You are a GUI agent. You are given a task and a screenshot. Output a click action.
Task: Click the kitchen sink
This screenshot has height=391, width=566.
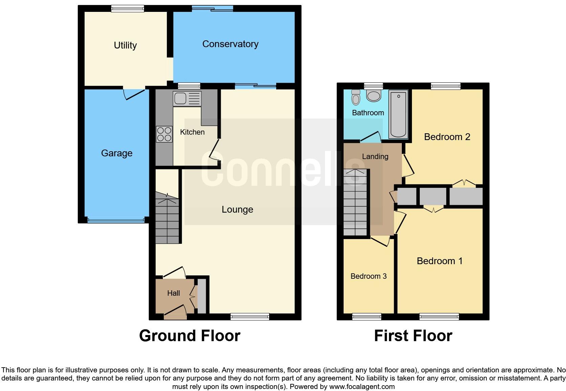[x=187, y=98]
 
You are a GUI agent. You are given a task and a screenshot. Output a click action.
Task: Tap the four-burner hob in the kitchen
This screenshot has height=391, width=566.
[x=164, y=134]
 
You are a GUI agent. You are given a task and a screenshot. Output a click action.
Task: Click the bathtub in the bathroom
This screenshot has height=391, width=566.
[x=398, y=114]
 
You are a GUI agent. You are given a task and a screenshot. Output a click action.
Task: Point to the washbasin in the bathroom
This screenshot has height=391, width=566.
[x=374, y=96]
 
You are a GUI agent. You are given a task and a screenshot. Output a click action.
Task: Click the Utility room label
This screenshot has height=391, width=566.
[x=125, y=45]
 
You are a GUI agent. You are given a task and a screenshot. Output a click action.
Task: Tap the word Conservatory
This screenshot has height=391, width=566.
[x=230, y=44]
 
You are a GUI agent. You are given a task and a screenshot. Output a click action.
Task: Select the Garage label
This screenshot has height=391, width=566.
[x=117, y=153]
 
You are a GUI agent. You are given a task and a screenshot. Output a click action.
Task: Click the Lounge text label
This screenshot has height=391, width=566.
[x=237, y=210]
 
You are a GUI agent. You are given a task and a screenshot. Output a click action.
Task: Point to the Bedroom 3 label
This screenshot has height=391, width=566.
[x=368, y=276]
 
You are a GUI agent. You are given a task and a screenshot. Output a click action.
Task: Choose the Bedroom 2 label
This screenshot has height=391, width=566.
[x=447, y=137]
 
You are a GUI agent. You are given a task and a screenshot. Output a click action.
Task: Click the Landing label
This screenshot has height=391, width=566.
[x=375, y=157]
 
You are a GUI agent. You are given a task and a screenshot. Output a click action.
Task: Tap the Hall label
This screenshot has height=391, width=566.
[x=173, y=293]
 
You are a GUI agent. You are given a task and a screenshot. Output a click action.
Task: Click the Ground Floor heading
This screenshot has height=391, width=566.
[x=190, y=336]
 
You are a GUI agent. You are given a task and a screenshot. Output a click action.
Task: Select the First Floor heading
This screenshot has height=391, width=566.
[x=413, y=336]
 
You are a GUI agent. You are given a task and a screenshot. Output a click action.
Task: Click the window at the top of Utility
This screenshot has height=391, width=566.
[x=128, y=9]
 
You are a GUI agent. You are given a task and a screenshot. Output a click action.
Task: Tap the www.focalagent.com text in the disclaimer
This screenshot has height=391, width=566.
[x=362, y=387]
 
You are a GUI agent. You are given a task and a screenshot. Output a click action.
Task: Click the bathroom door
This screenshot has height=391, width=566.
[x=370, y=137]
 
